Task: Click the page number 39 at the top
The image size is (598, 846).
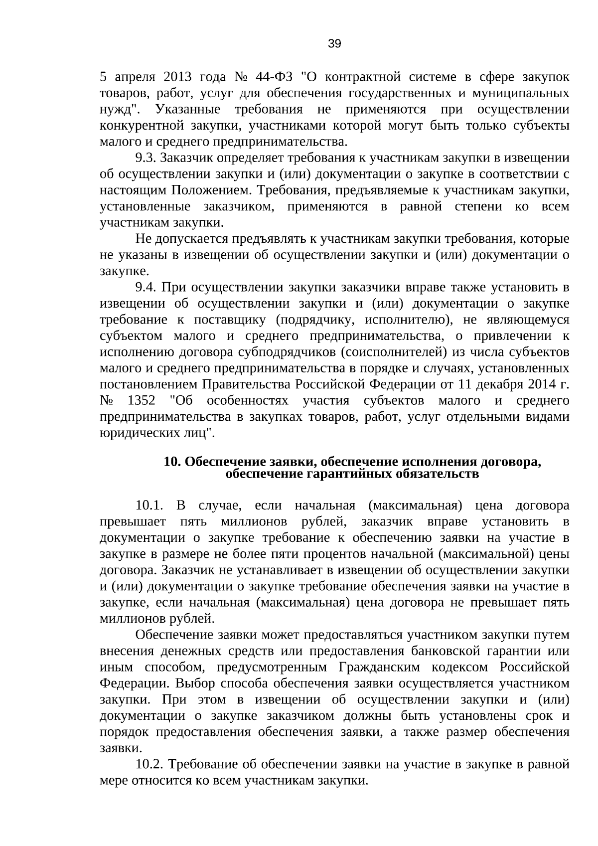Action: (x=334, y=44)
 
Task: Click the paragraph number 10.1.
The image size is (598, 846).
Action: (x=149, y=506)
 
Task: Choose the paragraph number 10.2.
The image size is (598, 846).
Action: (x=149, y=764)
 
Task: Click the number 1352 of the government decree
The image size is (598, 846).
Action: (x=142, y=401)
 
